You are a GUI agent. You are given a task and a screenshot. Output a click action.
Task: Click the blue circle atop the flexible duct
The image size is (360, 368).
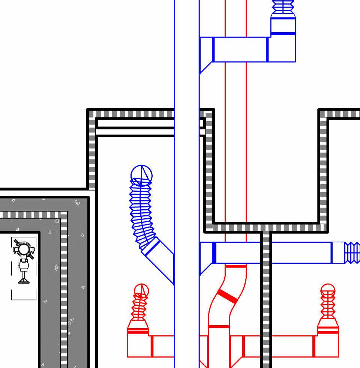(x=141, y=173)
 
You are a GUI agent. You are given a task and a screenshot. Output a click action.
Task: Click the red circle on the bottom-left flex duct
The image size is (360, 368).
(x=141, y=290)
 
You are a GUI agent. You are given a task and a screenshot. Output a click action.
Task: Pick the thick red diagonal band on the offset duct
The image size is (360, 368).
(x=227, y=296)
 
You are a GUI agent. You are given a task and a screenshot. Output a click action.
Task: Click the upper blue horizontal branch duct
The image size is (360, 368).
(x=240, y=49)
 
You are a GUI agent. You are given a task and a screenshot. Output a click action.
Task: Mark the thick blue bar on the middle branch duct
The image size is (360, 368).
(x=214, y=253)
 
